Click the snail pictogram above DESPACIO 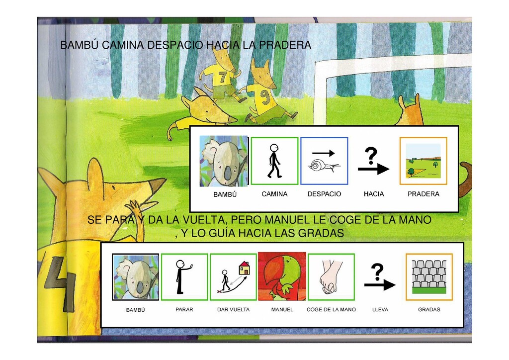coord(324,165)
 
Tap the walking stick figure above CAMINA coord(274,161)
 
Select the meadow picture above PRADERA coord(424,161)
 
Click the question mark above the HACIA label coord(371,156)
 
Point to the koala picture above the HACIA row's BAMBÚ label coord(224,161)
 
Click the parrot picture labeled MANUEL coord(282,276)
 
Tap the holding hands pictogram coord(331,277)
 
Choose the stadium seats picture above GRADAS coord(429,277)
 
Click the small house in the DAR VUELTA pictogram coord(245,268)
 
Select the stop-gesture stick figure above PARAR coord(183,277)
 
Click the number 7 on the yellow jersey coord(222,77)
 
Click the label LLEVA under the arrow coord(380,310)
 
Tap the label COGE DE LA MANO coord(331,310)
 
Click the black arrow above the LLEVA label coord(380,285)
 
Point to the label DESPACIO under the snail coord(324,194)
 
